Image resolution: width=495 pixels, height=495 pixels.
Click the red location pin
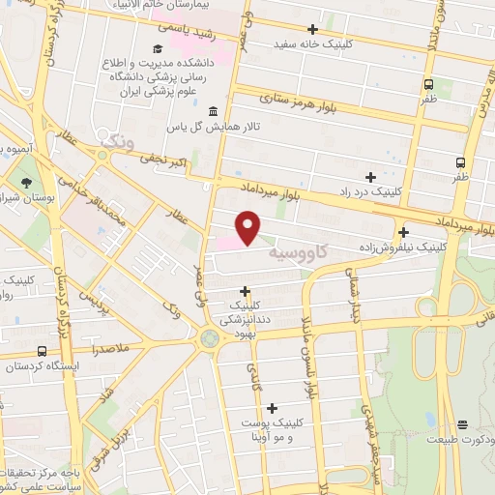(x=248, y=226)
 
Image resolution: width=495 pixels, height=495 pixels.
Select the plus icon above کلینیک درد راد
(x=370, y=176)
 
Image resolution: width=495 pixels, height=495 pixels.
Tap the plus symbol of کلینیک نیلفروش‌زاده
(x=403, y=231)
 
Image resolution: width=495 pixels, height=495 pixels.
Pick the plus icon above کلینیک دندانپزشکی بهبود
(x=245, y=290)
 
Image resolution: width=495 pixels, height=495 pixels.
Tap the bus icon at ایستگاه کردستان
(x=41, y=351)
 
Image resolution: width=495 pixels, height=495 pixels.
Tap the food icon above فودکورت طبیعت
(x=463, y=423)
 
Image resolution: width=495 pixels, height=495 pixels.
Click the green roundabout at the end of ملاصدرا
(x=208, y=338)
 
